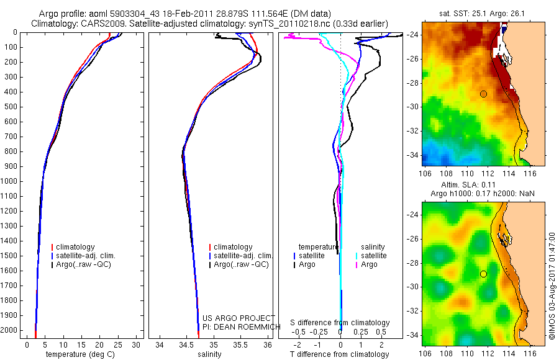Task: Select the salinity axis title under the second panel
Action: coord(208,354)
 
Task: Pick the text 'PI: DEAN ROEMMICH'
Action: coord(239,327)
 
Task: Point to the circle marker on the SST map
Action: coord(483,94)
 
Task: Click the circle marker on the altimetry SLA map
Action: coord(483,274)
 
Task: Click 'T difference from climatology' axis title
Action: coord(340,354)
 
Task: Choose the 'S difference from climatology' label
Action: coord(340,323)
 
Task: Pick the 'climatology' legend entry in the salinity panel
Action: coord(233,247)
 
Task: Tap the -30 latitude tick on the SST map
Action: coord(414,107)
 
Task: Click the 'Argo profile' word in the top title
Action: coord(58,14)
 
